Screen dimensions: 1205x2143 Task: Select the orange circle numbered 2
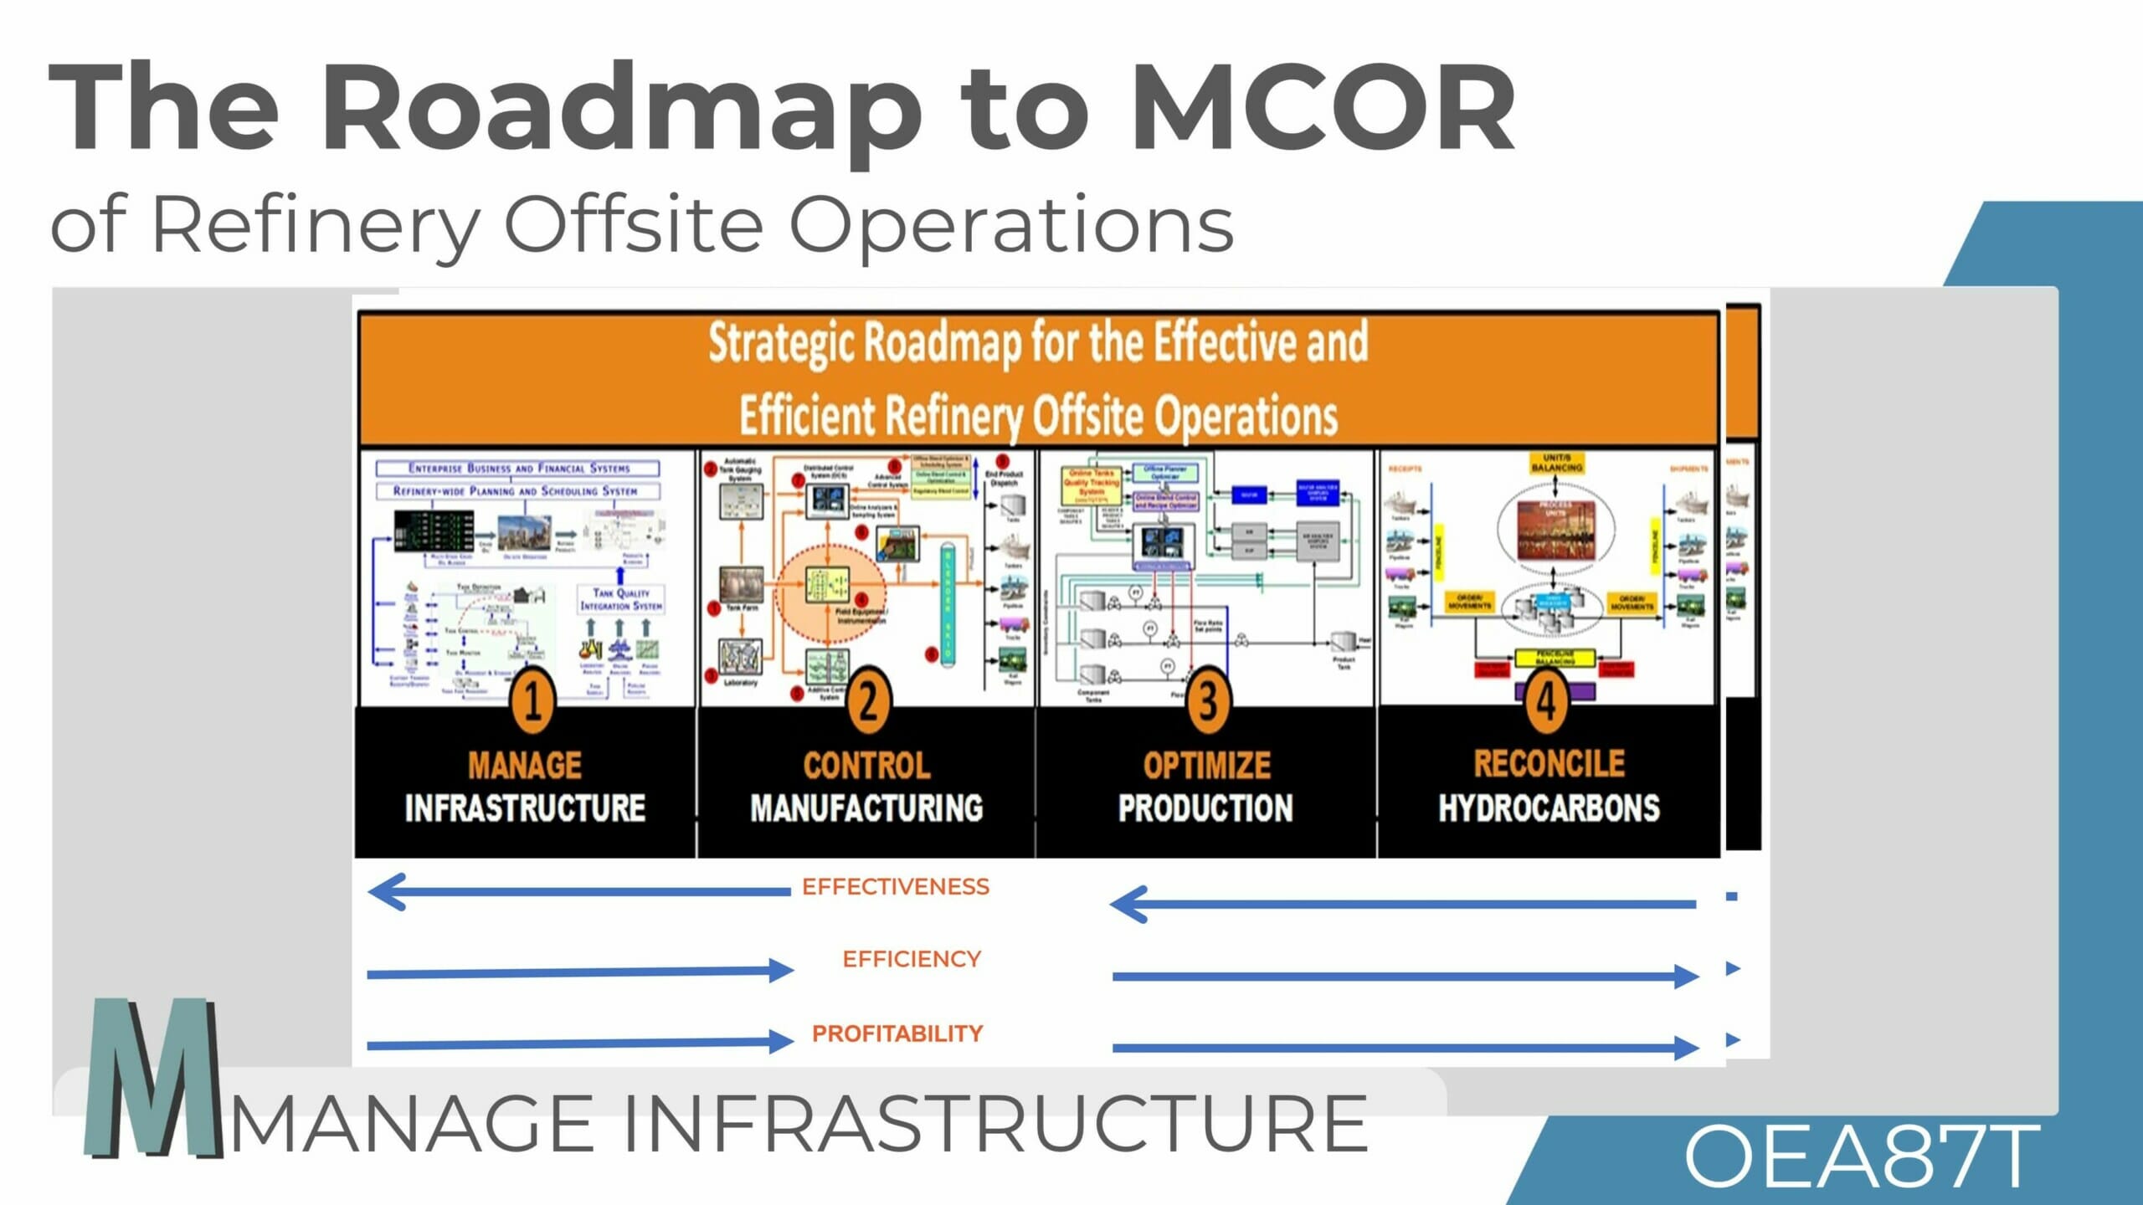click(x=868, y=701)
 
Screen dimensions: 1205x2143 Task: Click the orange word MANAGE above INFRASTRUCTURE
click(x=525, y=766)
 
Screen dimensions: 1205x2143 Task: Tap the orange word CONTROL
click(x=866, y=766)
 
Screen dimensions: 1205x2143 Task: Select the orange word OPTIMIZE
click(x=1206, y=766)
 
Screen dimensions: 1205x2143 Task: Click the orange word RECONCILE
click(x=1549, y=763)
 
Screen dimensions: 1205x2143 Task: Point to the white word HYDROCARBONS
click(x=1549, y=808)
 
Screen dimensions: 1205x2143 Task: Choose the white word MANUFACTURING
click(x=866, y=808)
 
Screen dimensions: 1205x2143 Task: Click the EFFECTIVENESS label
click(x=896, y=887)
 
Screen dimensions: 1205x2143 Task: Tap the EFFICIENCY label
click(x=912, y=959)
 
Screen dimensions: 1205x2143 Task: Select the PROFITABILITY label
click(x=897, y=1033)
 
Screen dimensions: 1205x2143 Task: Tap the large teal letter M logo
click(x=152, y=1079)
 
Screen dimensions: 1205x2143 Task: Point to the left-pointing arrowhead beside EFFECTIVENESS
click(x=387, y=892)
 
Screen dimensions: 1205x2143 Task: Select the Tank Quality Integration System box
click(x=620, y=599)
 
